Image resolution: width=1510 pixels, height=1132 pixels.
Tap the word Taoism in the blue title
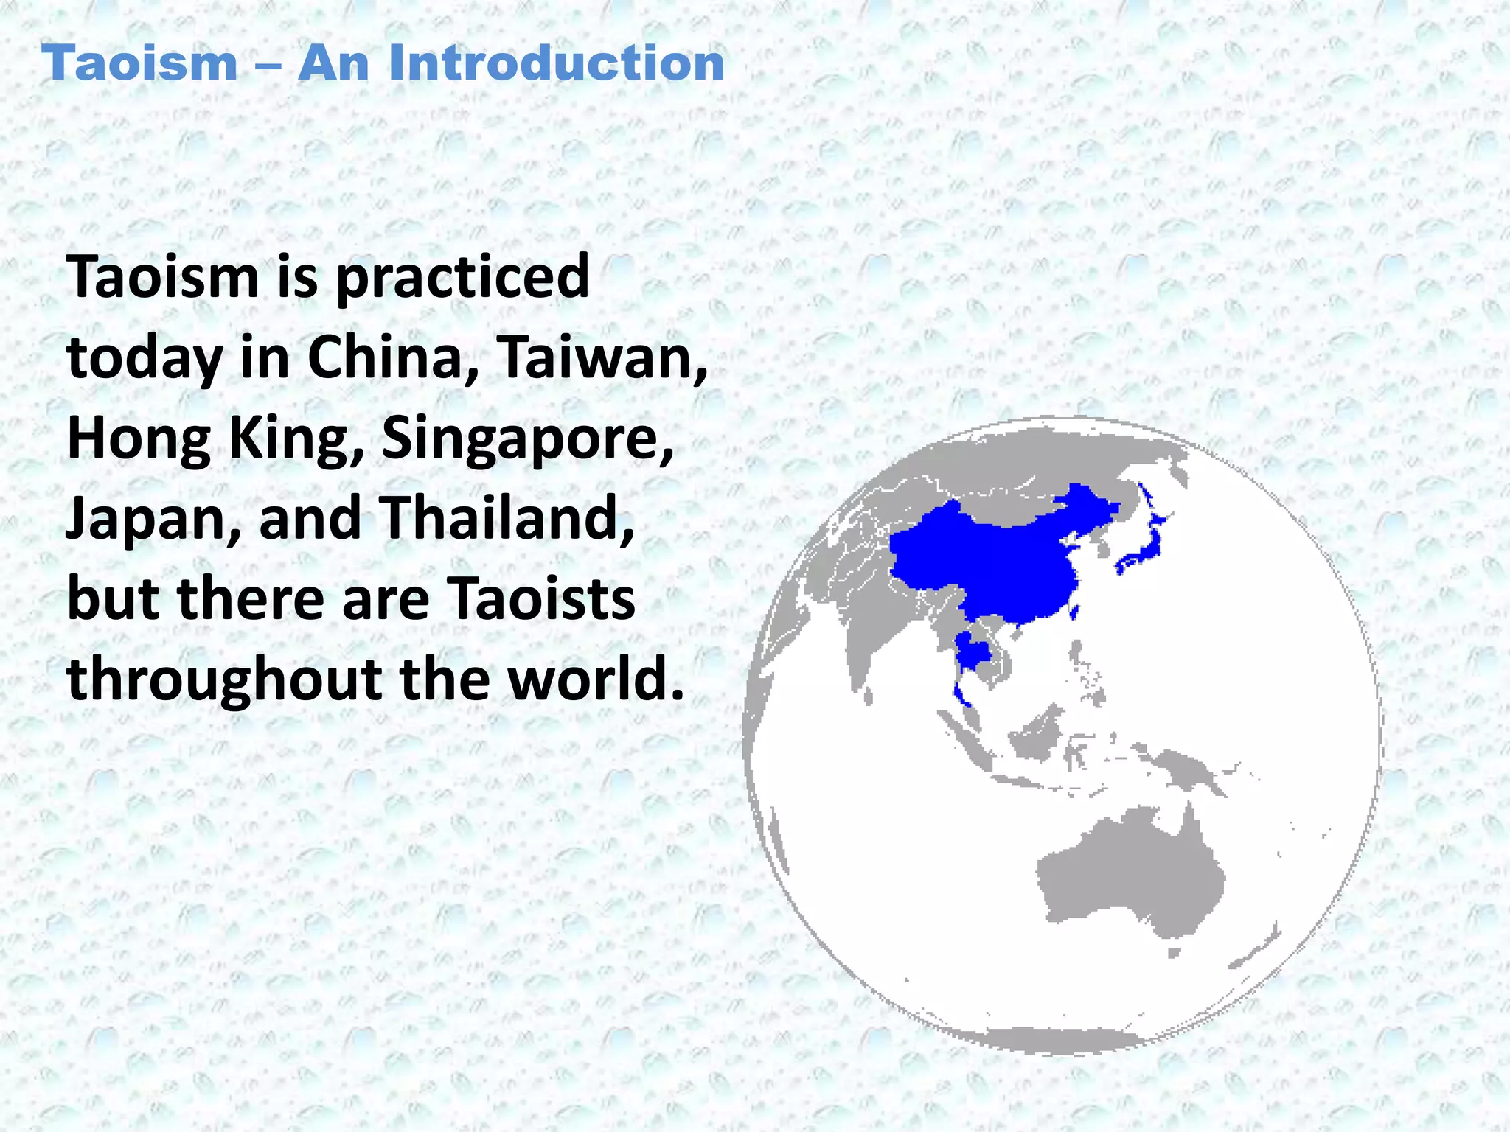tap(139, 63)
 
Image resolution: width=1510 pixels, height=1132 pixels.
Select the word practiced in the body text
tap(462, 279)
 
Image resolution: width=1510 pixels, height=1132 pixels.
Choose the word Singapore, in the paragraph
tap(528, 439)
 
